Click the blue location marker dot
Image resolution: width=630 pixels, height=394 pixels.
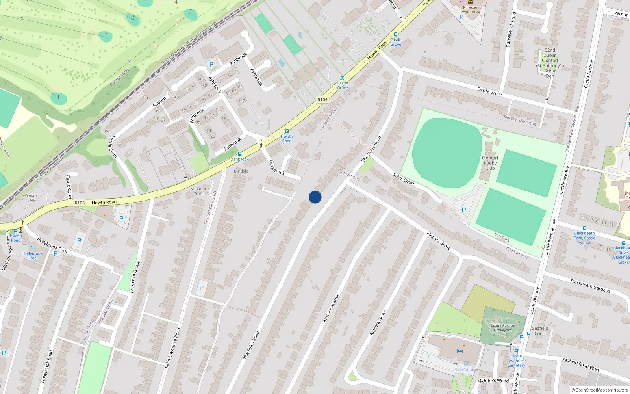coord(315,197)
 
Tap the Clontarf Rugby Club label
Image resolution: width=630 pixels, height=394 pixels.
coord(490,163)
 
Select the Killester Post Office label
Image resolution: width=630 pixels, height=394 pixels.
coord(470,10)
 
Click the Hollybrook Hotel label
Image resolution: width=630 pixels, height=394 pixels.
coord(33,256)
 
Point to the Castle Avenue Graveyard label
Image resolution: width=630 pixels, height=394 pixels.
coord(503,328)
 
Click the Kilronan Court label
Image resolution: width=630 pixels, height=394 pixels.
coord(199,191)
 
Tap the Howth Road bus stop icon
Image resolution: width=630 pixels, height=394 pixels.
coord(287,131)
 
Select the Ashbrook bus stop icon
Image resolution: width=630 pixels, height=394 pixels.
coord(240,154)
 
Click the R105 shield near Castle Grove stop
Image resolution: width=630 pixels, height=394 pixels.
coord(322,100)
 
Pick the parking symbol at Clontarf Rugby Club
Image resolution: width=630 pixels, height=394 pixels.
coord(463,210)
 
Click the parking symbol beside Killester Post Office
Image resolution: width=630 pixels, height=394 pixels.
coord(461,17)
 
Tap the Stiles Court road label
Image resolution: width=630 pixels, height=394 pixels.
coord(404,179)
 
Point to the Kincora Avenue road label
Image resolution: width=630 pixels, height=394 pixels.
coord(331,308)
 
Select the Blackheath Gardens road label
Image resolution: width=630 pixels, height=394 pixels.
coord(590,286)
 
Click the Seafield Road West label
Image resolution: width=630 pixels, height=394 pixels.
coord(580,364)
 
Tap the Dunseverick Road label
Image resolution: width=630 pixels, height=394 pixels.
coord(511,30)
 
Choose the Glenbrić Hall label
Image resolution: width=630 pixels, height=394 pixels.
coord(30,197)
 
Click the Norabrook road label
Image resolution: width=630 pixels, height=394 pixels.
coord(276,167)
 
